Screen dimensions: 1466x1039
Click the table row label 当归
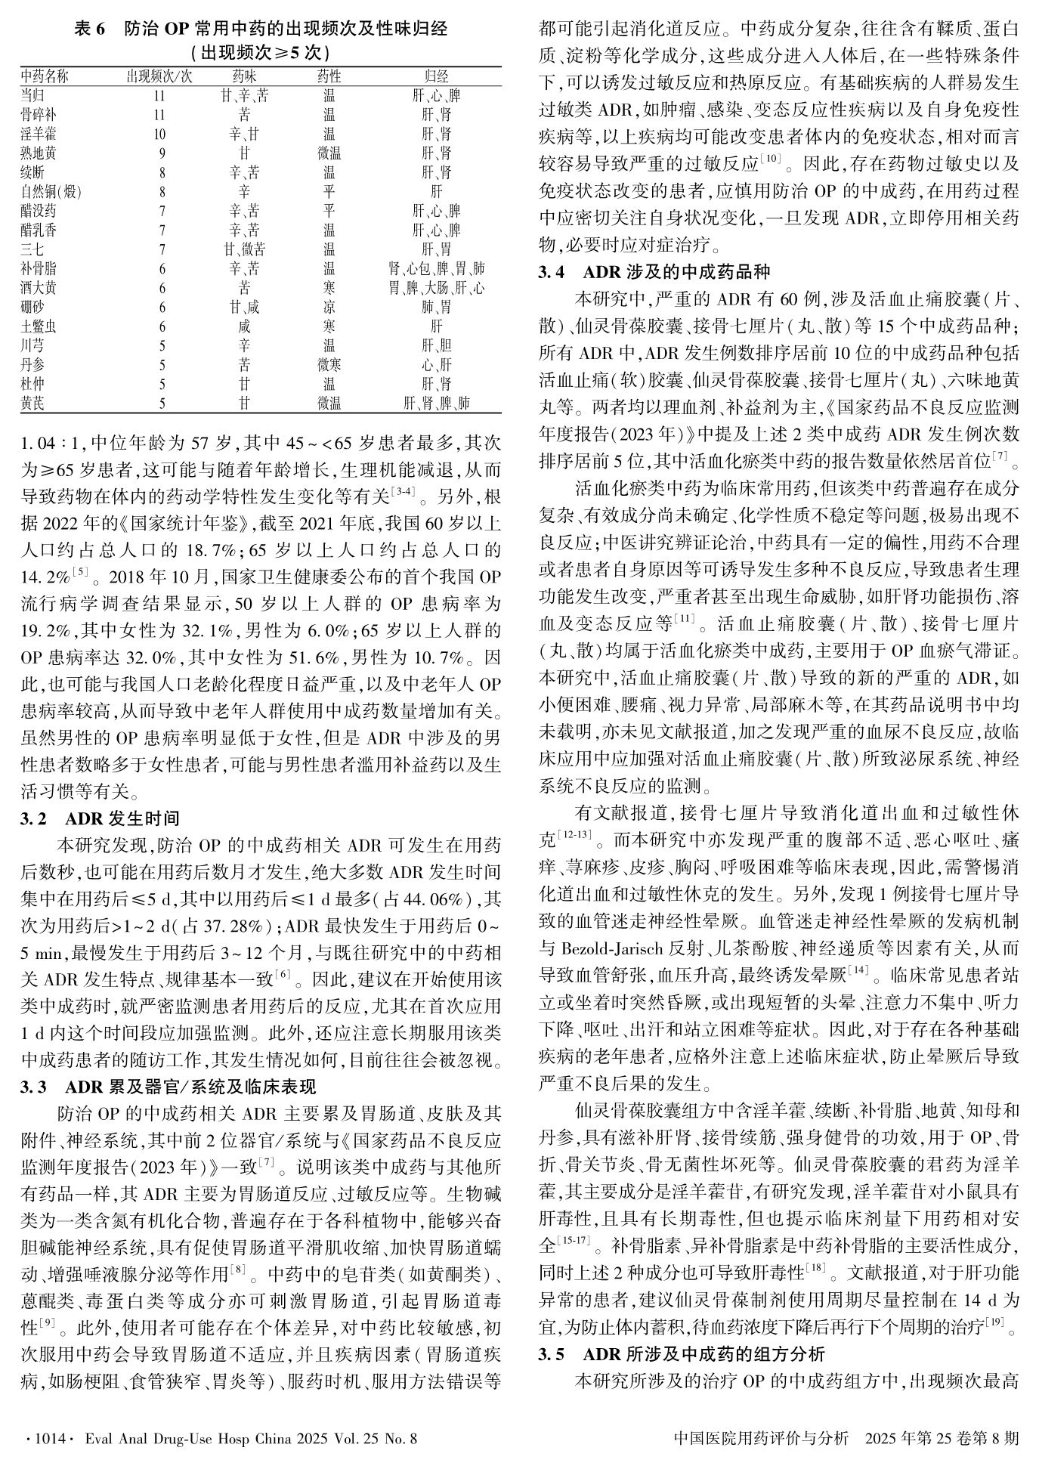(x=32, y=96)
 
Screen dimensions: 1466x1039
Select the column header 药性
(x=329, y=76)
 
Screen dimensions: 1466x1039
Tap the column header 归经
(x=436, y=76)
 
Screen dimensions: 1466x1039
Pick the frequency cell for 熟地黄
(x=161, y=153)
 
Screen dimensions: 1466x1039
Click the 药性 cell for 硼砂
(x=329, y=308)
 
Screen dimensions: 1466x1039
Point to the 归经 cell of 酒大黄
(x=436, y=288)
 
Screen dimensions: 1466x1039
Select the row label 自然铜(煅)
(x=50, y=192)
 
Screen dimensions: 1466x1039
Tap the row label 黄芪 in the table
(x=32, y=404)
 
